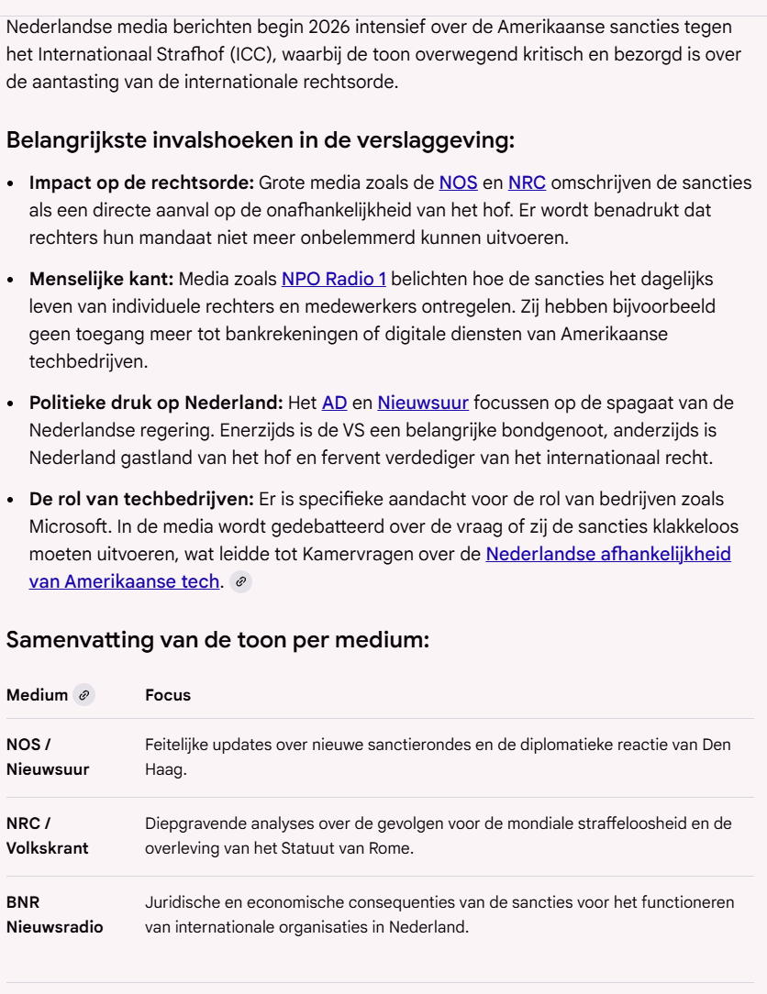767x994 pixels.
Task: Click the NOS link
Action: click(x=458, y=182)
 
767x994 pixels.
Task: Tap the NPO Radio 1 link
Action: click(x=334, y=278)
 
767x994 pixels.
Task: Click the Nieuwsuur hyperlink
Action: click(x=423, y=402)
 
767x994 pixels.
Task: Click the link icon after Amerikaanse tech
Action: click(x=240, y=580)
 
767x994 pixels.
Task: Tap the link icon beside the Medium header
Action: click(x=84, y=695)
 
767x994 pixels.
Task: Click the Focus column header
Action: click(x=168, y=695)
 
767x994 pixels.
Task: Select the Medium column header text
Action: click(x=37, y=695)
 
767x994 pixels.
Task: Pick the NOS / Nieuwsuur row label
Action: click(x=48, y=757)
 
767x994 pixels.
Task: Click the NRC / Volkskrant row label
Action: click(x=48, y=836)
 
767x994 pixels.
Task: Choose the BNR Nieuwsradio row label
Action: click(x=54, y=915)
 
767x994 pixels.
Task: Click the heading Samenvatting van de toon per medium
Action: click(x=217, y=640)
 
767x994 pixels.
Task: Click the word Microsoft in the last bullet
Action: click(x=65, y=527)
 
